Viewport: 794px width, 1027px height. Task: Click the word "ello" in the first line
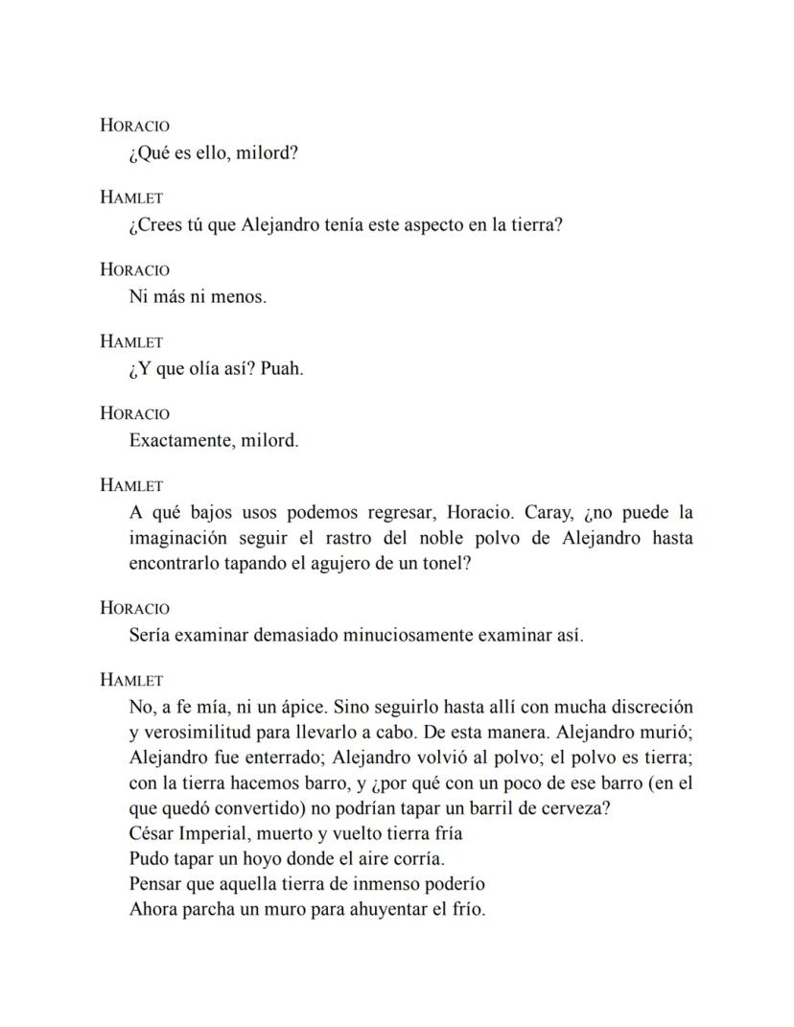[x=210, y=153]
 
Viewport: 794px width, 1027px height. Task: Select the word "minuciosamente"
[x=385, y=635]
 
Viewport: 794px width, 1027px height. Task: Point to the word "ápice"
[x=295, y=707]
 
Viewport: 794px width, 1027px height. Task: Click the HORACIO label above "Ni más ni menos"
[x=134, y=269]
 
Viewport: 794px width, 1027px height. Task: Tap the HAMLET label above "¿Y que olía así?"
[x=131, y=341]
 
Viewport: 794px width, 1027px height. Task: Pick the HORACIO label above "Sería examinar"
[x=134, y=608]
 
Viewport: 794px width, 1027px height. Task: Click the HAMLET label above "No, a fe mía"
[x=131, y=680]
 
